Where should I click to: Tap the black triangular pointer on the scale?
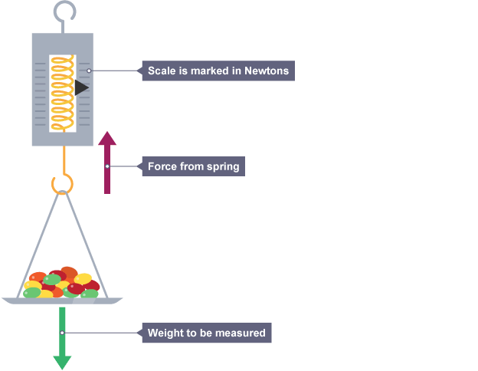pos(81,88)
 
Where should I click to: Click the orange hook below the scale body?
pos(63,182)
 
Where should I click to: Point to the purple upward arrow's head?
pos(107,139)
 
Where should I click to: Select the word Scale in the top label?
pos(161,71)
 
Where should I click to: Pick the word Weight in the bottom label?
pos(164,333)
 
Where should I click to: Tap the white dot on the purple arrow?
pos(107,166)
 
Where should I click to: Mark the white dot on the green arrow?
pos(62,333)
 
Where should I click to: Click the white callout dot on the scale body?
pos(90,71)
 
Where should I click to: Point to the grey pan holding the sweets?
pos(62,300)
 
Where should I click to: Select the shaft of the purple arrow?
pos(107,180)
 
